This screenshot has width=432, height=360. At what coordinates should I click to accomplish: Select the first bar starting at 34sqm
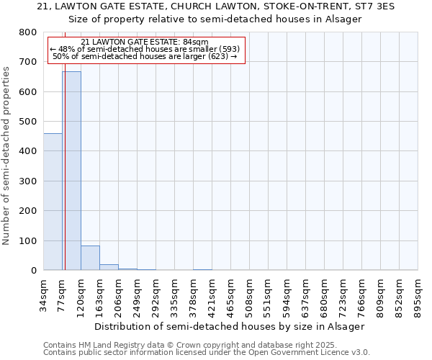pos(53,202)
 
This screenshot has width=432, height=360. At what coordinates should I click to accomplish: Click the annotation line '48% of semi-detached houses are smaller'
pos(147,49)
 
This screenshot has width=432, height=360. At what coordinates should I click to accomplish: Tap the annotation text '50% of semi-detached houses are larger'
pos(147,56)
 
